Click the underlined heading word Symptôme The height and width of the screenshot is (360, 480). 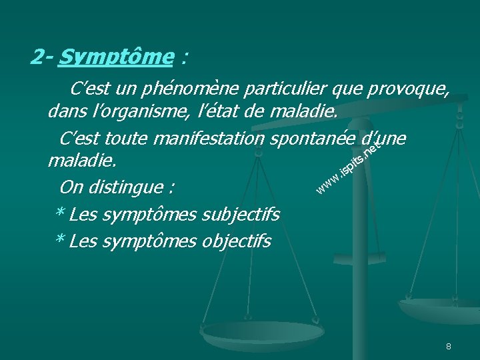pyautogui.click(x=115, y=58)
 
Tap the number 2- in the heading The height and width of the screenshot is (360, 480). pyautogui.click(x=41, y=58)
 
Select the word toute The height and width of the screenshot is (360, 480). pyautogui.click(x=130, y=138)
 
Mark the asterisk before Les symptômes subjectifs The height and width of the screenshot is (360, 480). pyautogui.click(x=59, y=213)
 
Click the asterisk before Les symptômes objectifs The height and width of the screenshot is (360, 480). pyautogui.click(x=59, y=239)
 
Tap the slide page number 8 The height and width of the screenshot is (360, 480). pyautogui.click(x=449, y=347)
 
